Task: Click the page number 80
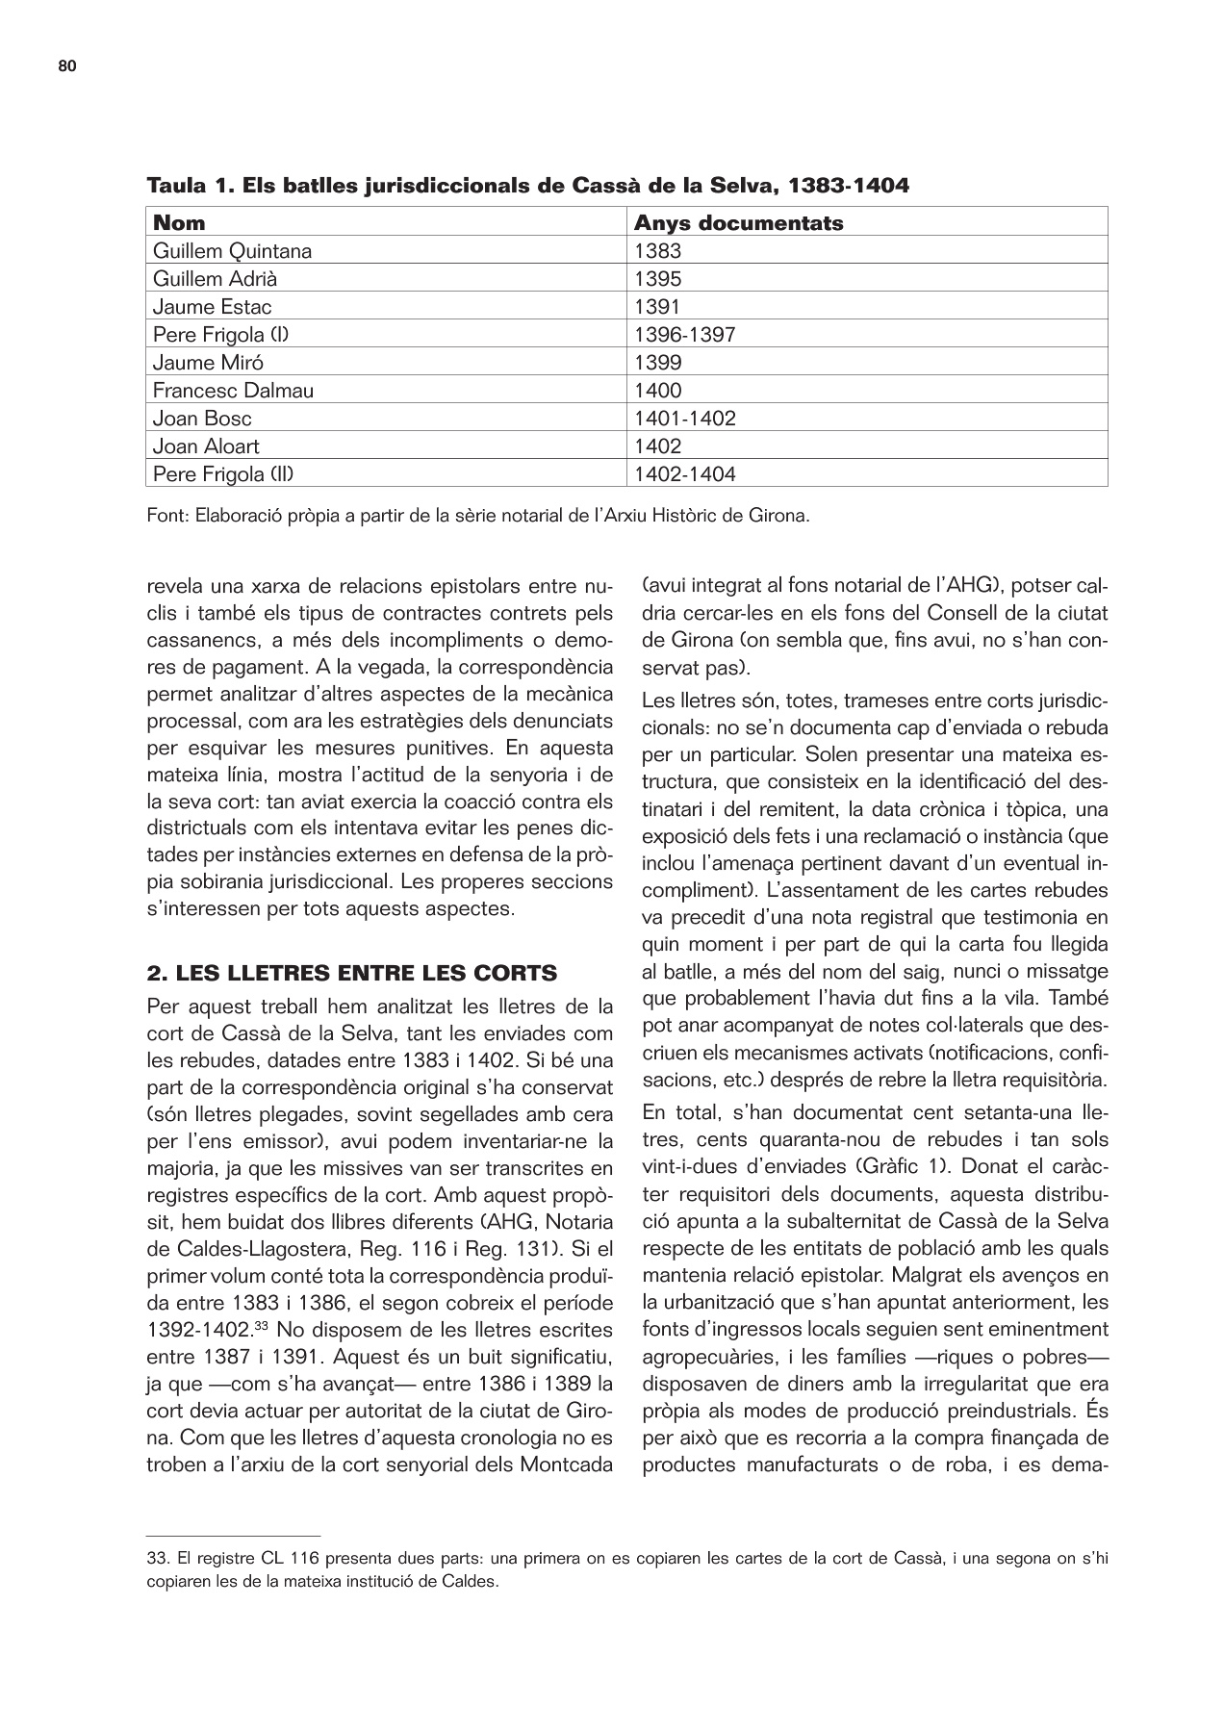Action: point(66,66)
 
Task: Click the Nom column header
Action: point(179,223)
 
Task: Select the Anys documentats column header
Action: point(738,223)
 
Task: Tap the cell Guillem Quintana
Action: point(232,252)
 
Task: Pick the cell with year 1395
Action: point(657,280)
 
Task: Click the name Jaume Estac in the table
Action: point(212,308)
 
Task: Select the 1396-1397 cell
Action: point(685,336)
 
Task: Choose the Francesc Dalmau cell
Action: point(233,391)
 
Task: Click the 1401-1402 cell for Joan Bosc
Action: point(685,419)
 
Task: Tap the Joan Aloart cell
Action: point(206,446)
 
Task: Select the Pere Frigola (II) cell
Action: point(229,474)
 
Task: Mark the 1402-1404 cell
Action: point(685,474)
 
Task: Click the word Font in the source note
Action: point(166,516)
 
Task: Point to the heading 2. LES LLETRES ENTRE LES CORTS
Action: point(351,974)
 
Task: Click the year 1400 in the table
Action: point(657,391)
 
